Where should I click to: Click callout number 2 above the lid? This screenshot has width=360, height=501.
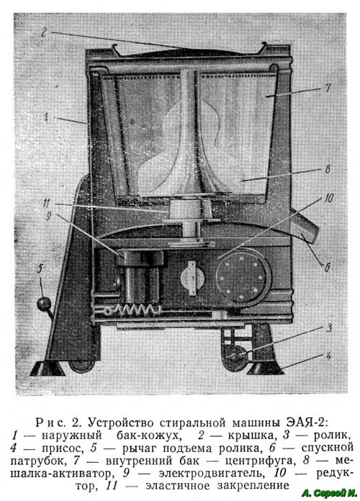(x=45, y=32)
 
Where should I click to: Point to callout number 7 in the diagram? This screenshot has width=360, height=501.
(x=328, y=88)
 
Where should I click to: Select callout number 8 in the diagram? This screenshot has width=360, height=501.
(x=328, y=168)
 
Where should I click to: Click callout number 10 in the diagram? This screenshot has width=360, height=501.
(x=328, y=199)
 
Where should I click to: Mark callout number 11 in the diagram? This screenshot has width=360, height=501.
(x=47, y=202)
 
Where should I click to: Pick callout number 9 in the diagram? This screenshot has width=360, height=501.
(x=48, y=217)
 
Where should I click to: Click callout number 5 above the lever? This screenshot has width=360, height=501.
(x=40, y=269)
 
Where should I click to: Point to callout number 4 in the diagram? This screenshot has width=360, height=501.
(x=328, y=356)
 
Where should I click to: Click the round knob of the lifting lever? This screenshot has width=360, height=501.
(x=42, y=304)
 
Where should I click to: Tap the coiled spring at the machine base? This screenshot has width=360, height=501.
(x=135, y=310)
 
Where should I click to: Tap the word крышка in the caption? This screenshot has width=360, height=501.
(x=251, y=435)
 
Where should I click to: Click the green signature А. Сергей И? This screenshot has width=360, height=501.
(x=329, y=492)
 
